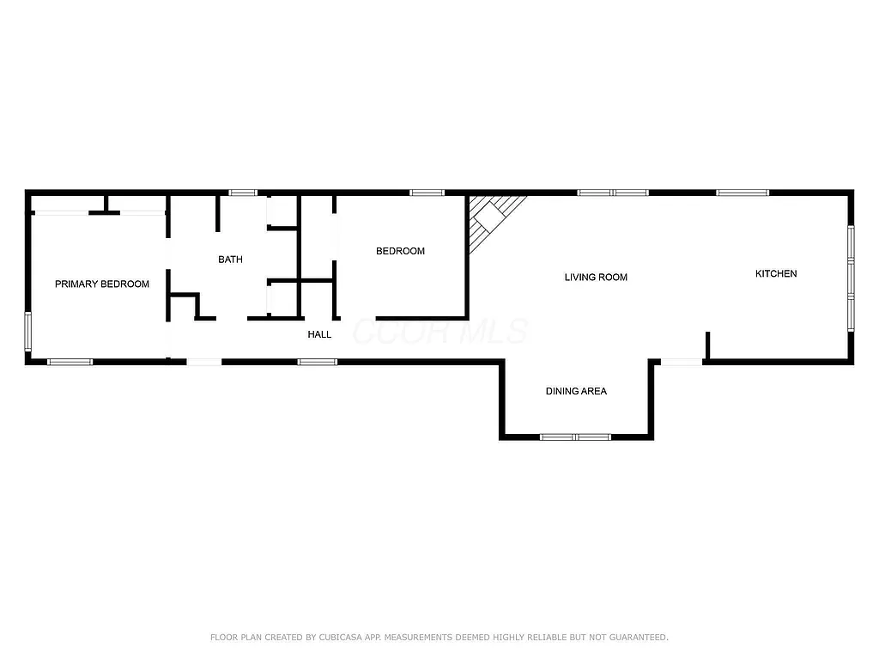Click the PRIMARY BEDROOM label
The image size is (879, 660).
(x=102, y=284)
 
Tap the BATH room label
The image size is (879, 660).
(x=230, y=260)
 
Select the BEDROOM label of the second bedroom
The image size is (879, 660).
(x=400, y=252)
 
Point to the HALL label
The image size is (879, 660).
(x=319, y=334)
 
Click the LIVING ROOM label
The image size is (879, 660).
(x=596, y=278)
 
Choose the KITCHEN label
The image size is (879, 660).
(x=776, y=274)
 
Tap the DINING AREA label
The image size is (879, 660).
(x=576, y=392)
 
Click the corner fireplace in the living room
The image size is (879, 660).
(x=491, y=218)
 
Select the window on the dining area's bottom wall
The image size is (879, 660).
(x=575, y=437)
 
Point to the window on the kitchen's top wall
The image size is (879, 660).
(x=743, y=192)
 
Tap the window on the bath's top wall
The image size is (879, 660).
(x=243, y=192)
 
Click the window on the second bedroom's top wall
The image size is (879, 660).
(x=427, y=192)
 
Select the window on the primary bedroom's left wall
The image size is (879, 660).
(x=28, y=332)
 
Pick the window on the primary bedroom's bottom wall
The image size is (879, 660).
(x=70, y=362)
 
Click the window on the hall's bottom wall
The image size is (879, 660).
(x=318, y=362)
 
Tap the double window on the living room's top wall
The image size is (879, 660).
(x=613, y=192)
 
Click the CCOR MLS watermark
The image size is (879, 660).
(x=440, y=332)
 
